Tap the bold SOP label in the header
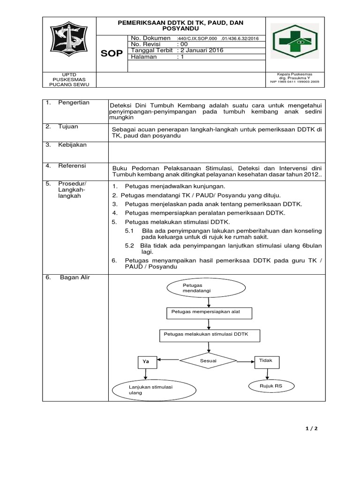(112, 54)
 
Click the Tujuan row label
(68, 127)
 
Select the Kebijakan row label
(72, 145)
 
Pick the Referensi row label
(72, 165)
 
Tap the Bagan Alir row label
(75, 277)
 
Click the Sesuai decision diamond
(208, 361)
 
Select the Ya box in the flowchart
(147, 362)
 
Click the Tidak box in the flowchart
(267, 360)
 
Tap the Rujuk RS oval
(271, 385)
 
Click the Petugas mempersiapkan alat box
(209, 313)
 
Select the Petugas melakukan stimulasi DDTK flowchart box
(209, 335)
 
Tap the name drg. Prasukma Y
(295, 78)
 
